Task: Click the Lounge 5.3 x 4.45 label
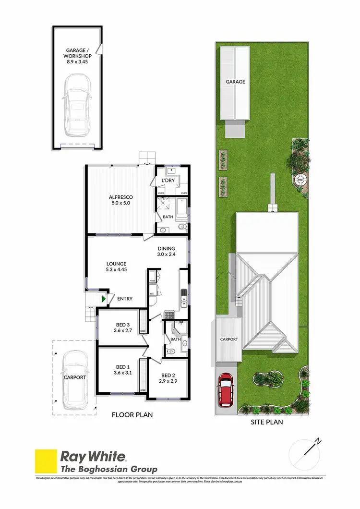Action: click(116, 267)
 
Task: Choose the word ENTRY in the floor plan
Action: click(125, 299)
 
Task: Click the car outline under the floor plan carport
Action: click(75, 377)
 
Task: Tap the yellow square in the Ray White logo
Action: click(45, 461)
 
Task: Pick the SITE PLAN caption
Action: click(267, 423)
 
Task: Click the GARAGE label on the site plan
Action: click(235, 82)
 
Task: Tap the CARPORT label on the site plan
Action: click(228, 339)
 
